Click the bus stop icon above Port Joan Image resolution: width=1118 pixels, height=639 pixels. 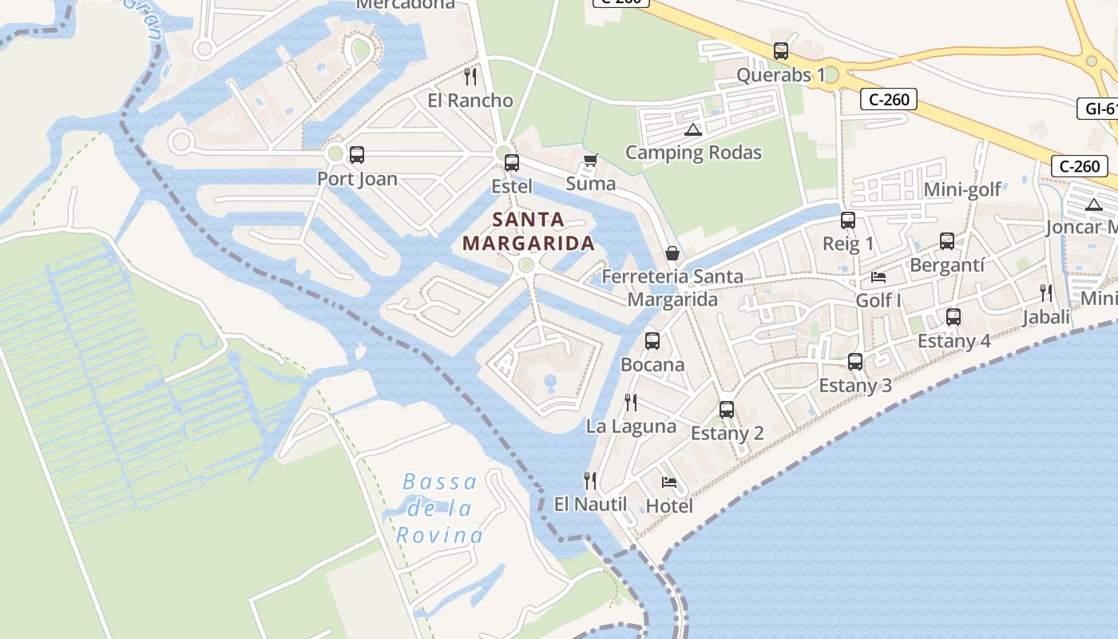(x=357, y=155)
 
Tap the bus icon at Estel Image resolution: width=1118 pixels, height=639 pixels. (x=512, y=163)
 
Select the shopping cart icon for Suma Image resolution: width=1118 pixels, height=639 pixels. (x=591, y=161)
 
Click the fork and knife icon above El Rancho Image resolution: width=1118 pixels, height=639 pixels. (x=470, y=77)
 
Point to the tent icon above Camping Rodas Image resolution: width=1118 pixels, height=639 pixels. (x=693, y=129)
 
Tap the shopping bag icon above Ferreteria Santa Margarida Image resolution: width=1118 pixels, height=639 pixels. (x=672, y=253)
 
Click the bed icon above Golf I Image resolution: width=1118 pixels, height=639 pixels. (x=878, y=277)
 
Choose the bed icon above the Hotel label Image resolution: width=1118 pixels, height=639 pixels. (x=669, y=482)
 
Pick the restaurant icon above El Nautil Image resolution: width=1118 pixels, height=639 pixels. (x=590, y=480)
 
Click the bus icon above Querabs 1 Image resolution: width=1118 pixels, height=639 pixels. (x=781, y=51)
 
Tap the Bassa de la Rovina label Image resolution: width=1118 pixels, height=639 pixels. (x=439, y=508)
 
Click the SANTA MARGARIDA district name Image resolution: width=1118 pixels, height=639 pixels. (x=529, y=232)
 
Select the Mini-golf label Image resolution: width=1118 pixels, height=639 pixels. (x=962, y=189)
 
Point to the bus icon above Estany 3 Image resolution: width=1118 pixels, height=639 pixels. (x=855, y=362)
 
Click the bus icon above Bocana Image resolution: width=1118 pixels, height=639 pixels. (x=652, y=341)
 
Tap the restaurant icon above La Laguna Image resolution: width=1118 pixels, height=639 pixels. (x=631, y=402)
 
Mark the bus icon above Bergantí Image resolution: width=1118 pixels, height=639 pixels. (x=947, y=240)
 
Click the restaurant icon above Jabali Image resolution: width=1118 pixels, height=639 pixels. (x=1046, y=293)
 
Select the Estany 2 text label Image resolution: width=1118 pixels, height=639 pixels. (x=727, y=434)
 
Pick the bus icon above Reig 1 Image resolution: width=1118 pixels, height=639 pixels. (x=848, y=220)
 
